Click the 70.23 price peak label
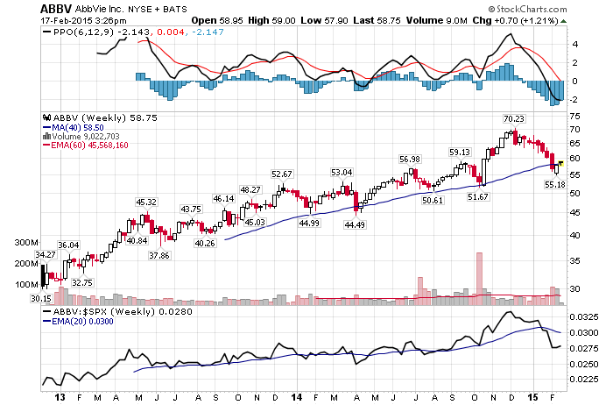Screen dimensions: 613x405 tap(514, 119)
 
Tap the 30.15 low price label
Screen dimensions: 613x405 tap(41, 299)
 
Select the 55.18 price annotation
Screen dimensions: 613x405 tap(555, 184)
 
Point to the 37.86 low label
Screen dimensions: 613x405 tap(159, 255)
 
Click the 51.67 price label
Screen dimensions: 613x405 tap(478, 197)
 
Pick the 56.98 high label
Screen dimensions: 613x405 tap(410, 160)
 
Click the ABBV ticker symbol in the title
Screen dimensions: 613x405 tap(56, 9)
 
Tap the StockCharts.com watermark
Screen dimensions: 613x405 tap(527, 9)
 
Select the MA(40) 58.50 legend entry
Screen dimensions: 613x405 tap(74, 128)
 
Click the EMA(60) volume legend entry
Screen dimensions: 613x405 tap(85, 146)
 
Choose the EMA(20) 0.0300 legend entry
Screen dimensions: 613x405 tap(78, 322)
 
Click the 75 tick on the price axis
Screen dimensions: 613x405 tap(575, 117)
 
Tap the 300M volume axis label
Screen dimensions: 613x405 tap(26, 243)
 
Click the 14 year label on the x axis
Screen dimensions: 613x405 tap(297, 398)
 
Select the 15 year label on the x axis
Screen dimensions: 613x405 tap(532, 398)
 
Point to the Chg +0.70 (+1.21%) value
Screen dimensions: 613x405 tap(515, 21)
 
